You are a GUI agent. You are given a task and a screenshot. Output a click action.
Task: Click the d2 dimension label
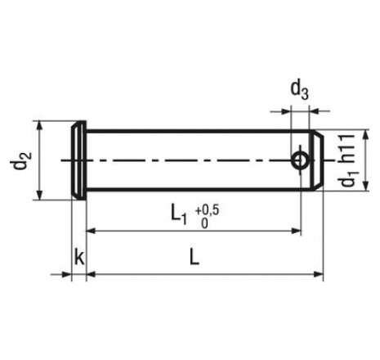[x=21, y=160]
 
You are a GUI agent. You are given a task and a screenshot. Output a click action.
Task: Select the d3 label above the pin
[x=300, y=90]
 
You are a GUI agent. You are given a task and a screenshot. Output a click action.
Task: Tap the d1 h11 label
[x=348, y=160]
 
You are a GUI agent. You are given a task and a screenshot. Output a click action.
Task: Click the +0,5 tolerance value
[x=207, y=210]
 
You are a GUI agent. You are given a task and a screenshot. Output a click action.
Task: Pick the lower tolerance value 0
[x=204, y=223]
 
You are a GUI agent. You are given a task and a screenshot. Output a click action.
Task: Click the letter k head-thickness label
[x=79, y=257]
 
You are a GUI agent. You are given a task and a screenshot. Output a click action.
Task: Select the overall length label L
[x=194, y=257]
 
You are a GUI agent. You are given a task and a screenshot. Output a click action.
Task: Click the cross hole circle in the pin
[x=301, y=160]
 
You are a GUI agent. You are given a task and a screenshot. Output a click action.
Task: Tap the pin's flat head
[x=79, y=160]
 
